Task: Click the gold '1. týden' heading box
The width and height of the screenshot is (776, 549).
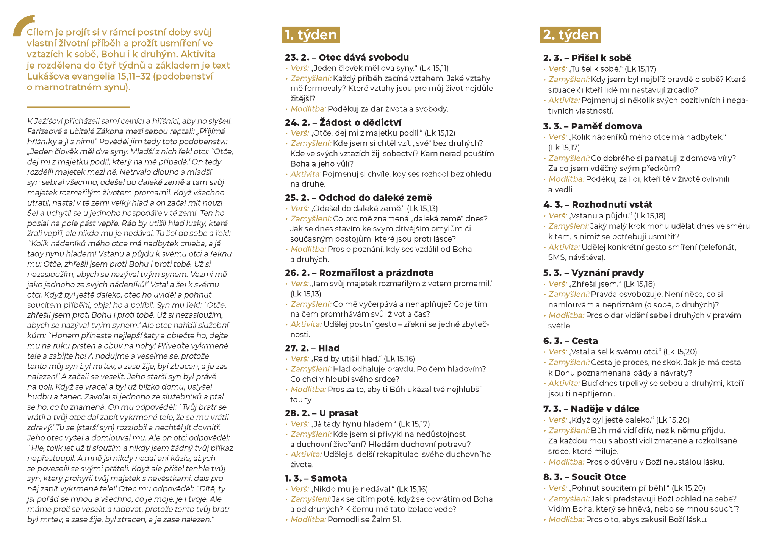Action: [x=310, y=35]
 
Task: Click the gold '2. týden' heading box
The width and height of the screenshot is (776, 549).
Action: [x=570, y=35]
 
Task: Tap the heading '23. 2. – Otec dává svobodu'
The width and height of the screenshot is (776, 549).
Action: [x=347, y=58]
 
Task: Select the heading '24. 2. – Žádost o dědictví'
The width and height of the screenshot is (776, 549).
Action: [x=343, y=122]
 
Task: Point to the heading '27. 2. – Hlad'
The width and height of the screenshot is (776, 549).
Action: [x=312, y=348]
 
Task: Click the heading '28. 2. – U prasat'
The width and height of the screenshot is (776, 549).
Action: [x=321, y=413]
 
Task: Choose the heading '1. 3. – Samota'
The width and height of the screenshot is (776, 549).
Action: [x=316, y=478]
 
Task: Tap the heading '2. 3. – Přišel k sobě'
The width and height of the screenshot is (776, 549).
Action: [x=587, y=58]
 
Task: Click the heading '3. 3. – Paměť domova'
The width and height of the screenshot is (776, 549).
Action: [x=592, y=126]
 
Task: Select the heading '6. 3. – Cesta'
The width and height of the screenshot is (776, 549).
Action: [x=570, y=341]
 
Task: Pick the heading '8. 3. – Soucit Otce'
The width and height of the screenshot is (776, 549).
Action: [x=584, y=477]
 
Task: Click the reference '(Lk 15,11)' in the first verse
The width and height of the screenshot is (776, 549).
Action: [x=434, y=68]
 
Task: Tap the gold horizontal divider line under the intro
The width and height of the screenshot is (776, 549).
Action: [x=78, y=108]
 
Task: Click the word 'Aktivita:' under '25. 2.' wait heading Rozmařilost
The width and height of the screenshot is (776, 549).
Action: [x=306, y=324]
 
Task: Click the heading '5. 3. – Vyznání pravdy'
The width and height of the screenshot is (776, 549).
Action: [x=593, y=273]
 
